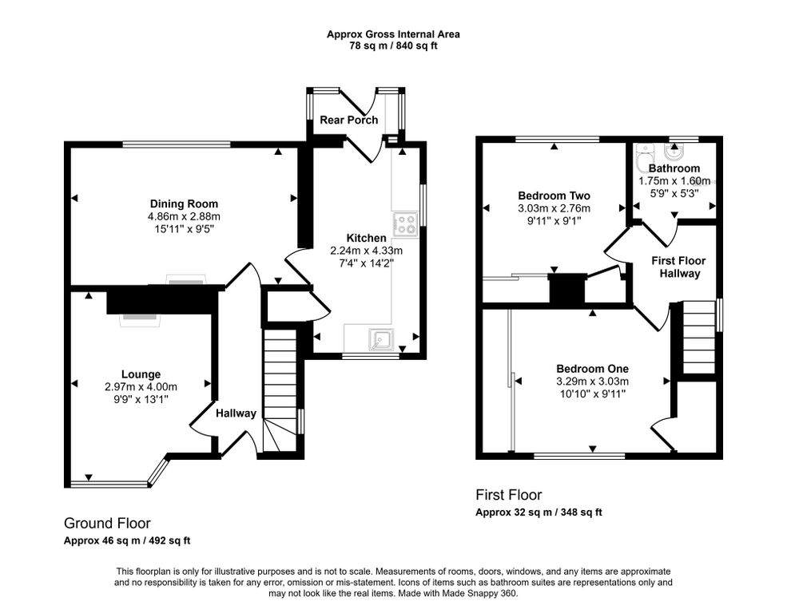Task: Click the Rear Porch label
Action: tap(349, 120)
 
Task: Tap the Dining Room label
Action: tap(185, 204)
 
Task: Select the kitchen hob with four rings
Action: tap(406, 224)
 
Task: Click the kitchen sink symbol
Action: tap(381, 340)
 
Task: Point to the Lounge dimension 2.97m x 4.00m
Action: tap(141, 387)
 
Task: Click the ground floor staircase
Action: tap(280, 390)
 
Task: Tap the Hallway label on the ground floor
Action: tap(236, 413)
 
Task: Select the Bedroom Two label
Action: tap(554, 196)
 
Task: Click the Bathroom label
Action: tap(674, 168)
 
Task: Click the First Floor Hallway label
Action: tap(679, 267)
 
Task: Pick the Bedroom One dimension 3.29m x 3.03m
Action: tap(592, 382)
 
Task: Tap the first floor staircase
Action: tap(699, 337)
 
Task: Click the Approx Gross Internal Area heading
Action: tap(393, 34)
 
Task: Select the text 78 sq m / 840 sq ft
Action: tap(393, 46)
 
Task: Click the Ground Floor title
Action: tap(107, 524)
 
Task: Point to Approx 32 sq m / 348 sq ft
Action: tap(539, 512)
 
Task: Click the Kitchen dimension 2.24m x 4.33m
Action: tap(367, 251)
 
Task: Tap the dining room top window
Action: tap(177, 144)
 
